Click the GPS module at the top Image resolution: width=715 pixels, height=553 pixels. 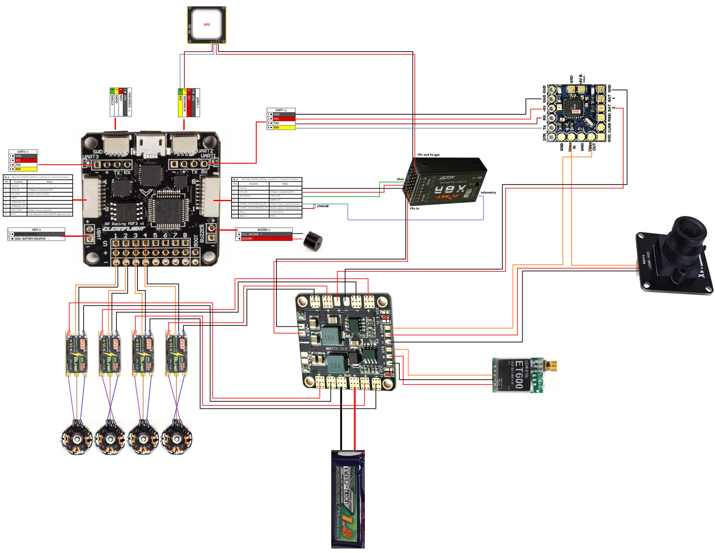207,25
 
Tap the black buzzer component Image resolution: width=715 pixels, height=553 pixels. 313,241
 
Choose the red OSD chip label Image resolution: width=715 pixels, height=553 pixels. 576,112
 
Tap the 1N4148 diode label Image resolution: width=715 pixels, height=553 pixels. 323,206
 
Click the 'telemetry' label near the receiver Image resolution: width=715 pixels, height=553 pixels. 488,193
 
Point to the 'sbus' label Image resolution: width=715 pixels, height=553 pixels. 400,179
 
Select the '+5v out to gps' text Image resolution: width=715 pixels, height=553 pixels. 428,155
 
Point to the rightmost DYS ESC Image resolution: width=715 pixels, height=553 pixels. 177,353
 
